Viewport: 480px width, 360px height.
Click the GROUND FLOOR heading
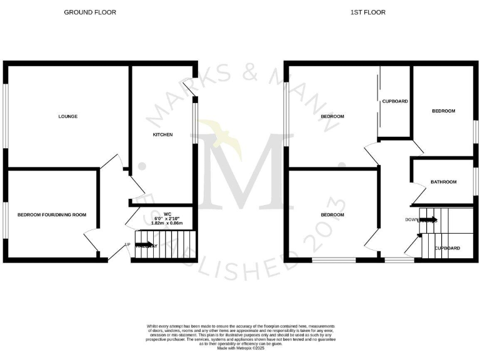[x=89, y=12]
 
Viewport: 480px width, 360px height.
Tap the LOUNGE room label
[x=67, y=116]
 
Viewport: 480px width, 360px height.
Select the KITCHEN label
[x=162, y=134]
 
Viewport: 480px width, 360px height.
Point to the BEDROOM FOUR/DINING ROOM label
[x=51, y=214]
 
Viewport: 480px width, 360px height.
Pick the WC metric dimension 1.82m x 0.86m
[x=167, y=222]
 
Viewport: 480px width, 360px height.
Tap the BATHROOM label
[x=443, y=182]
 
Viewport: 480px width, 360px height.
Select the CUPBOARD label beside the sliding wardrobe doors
[x=395, y=101]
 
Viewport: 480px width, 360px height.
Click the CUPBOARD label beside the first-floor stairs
[x=447, y=248]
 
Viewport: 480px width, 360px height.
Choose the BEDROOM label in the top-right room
[x=444, y=111]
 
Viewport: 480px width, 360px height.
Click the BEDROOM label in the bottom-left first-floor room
[x=332, y=214]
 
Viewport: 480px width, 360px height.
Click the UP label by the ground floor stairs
[x=127, y=244]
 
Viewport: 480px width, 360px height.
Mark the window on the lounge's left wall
[x=5, y=116]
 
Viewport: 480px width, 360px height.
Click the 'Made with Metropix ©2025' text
[x=240, y=348]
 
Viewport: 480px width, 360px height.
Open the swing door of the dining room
[x=91, y=239]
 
